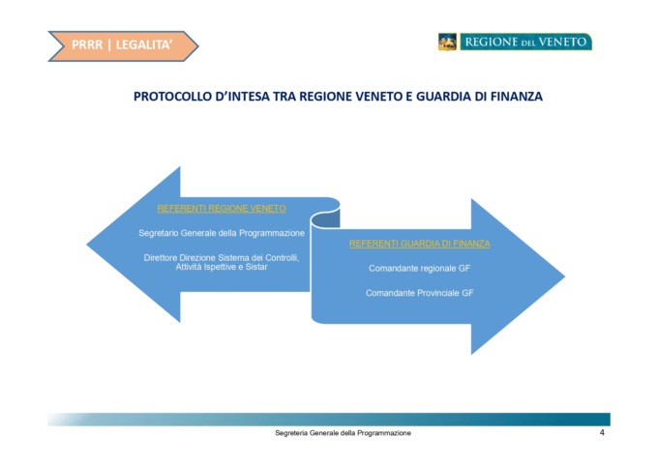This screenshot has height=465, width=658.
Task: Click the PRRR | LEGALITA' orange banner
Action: click(x=123, y=45)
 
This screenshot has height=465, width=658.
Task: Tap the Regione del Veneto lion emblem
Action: click(x=447, y=42)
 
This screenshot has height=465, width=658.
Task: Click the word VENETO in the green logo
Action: click(x=562, y=42)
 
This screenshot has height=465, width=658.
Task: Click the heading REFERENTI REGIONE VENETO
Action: click(x=222, y=209)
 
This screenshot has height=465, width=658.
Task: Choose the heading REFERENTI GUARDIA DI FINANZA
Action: click(x=420, y=244)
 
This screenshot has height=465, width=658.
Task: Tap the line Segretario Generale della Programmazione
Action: click(x=222, y=233)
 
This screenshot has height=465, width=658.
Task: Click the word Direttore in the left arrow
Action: click(x=161, y=257)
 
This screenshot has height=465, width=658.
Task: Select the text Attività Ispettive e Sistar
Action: click(x=222, y=267)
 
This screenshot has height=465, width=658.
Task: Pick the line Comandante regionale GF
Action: click(x=420, y=269)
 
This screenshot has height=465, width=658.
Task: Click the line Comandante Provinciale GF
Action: click(x=420, y=293)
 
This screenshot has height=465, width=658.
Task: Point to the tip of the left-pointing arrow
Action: click(x=87, y=245)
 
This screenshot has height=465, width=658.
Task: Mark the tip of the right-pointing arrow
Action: click(x=565, y=276)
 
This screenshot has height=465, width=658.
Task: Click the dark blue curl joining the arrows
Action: click(x=326, y=218)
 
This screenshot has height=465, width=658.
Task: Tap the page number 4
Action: click(x=602, y=433)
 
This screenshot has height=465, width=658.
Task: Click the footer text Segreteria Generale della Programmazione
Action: click(x=343, y=433)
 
